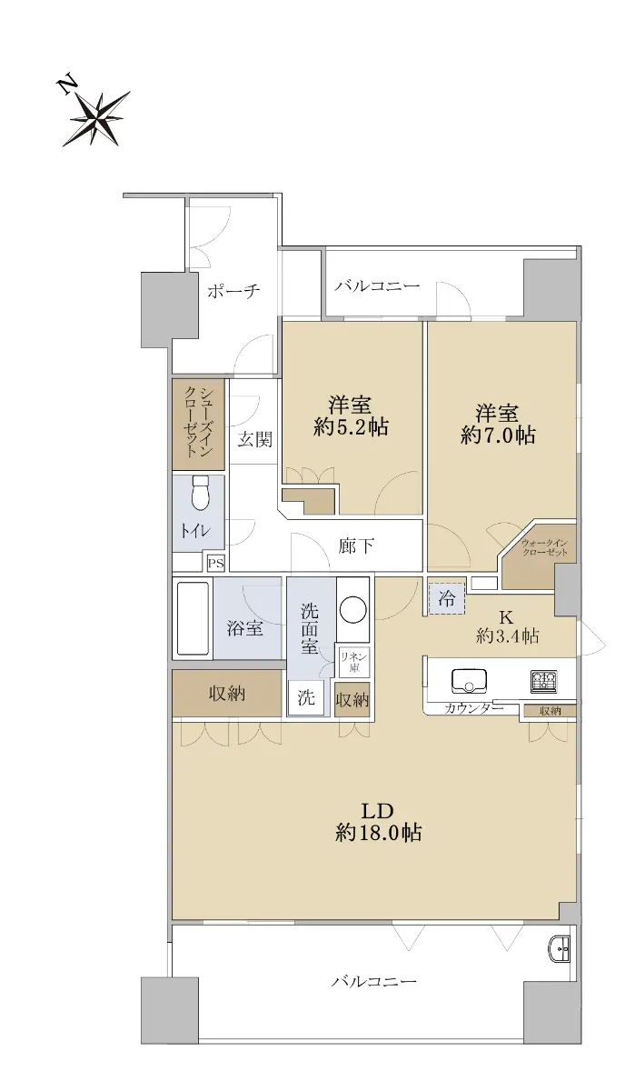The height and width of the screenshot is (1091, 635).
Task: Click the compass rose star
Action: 97,118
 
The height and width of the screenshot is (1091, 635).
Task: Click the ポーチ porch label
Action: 233,291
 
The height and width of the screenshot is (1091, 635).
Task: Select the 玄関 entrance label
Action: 254,440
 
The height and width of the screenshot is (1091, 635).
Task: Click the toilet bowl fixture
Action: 200,493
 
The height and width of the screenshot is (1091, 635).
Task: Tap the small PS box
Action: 215,564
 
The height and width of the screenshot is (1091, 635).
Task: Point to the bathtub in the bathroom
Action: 193,617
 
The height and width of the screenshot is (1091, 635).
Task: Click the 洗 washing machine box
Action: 306,698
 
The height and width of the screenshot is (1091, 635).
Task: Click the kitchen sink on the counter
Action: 470,681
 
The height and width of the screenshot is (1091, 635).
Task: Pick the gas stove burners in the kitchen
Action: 544,681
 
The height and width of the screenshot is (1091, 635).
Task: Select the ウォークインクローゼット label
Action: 544,548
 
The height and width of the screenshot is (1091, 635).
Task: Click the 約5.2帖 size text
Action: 351,427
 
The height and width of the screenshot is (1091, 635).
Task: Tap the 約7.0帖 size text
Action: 498,435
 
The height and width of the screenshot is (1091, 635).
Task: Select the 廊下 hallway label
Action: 356,546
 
